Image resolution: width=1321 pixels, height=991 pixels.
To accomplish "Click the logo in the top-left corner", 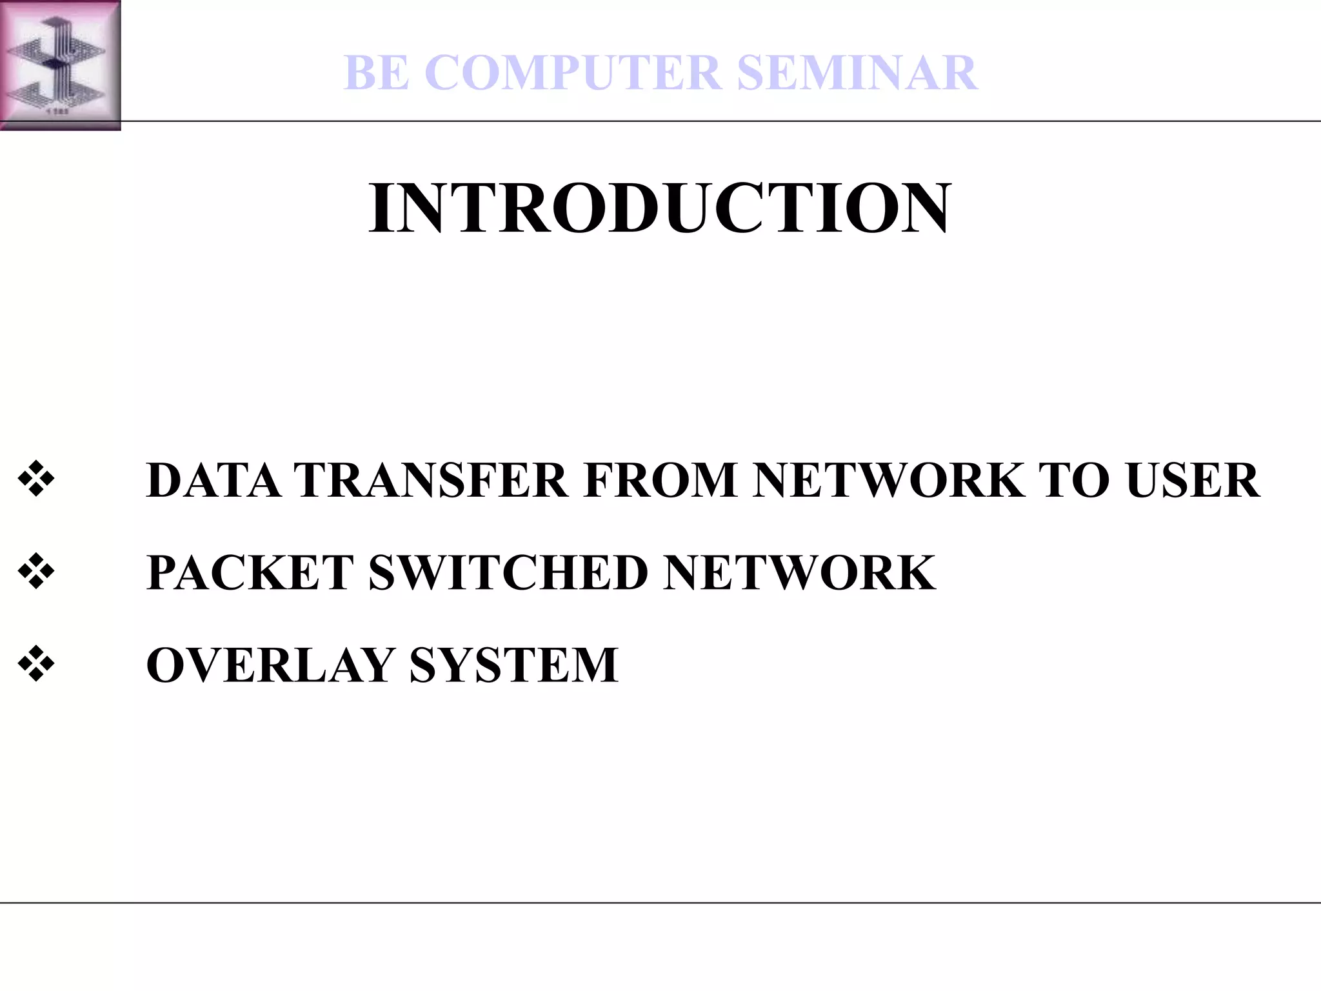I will click(60, 65).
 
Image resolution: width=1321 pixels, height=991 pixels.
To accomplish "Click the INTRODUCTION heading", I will click(659, 208).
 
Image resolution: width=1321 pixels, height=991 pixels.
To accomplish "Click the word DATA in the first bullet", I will click(214, 481).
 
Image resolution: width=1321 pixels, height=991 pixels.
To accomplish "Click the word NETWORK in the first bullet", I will click(889, 481).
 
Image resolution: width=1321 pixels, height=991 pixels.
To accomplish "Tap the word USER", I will click(1193, 481).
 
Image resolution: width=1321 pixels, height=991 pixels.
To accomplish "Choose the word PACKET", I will click(250, 573).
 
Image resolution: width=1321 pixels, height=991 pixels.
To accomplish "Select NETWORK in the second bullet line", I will click(799, 573).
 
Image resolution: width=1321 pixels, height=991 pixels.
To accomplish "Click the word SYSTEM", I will click(513, 665).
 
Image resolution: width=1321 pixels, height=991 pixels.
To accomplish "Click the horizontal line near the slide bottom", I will click(660, 903).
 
